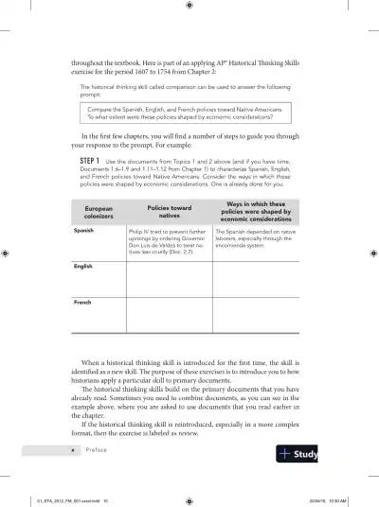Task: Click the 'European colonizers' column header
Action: pyautogui.click(x=99, y=212)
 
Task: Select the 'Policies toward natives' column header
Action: pyautogui.click(x=169, y=212)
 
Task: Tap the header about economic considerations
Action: pyautogui.click(x=258, y=212)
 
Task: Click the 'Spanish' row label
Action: pyautogui.click(x=84, y=230)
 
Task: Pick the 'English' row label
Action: pyautogui.click(x=84, y=268)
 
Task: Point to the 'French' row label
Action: pyautogui.click(x=83, y=302)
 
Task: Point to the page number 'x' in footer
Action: pyautogui.click(x=74, y=450)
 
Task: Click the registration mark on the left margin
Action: pyautogui.click(x=6, y=253)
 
